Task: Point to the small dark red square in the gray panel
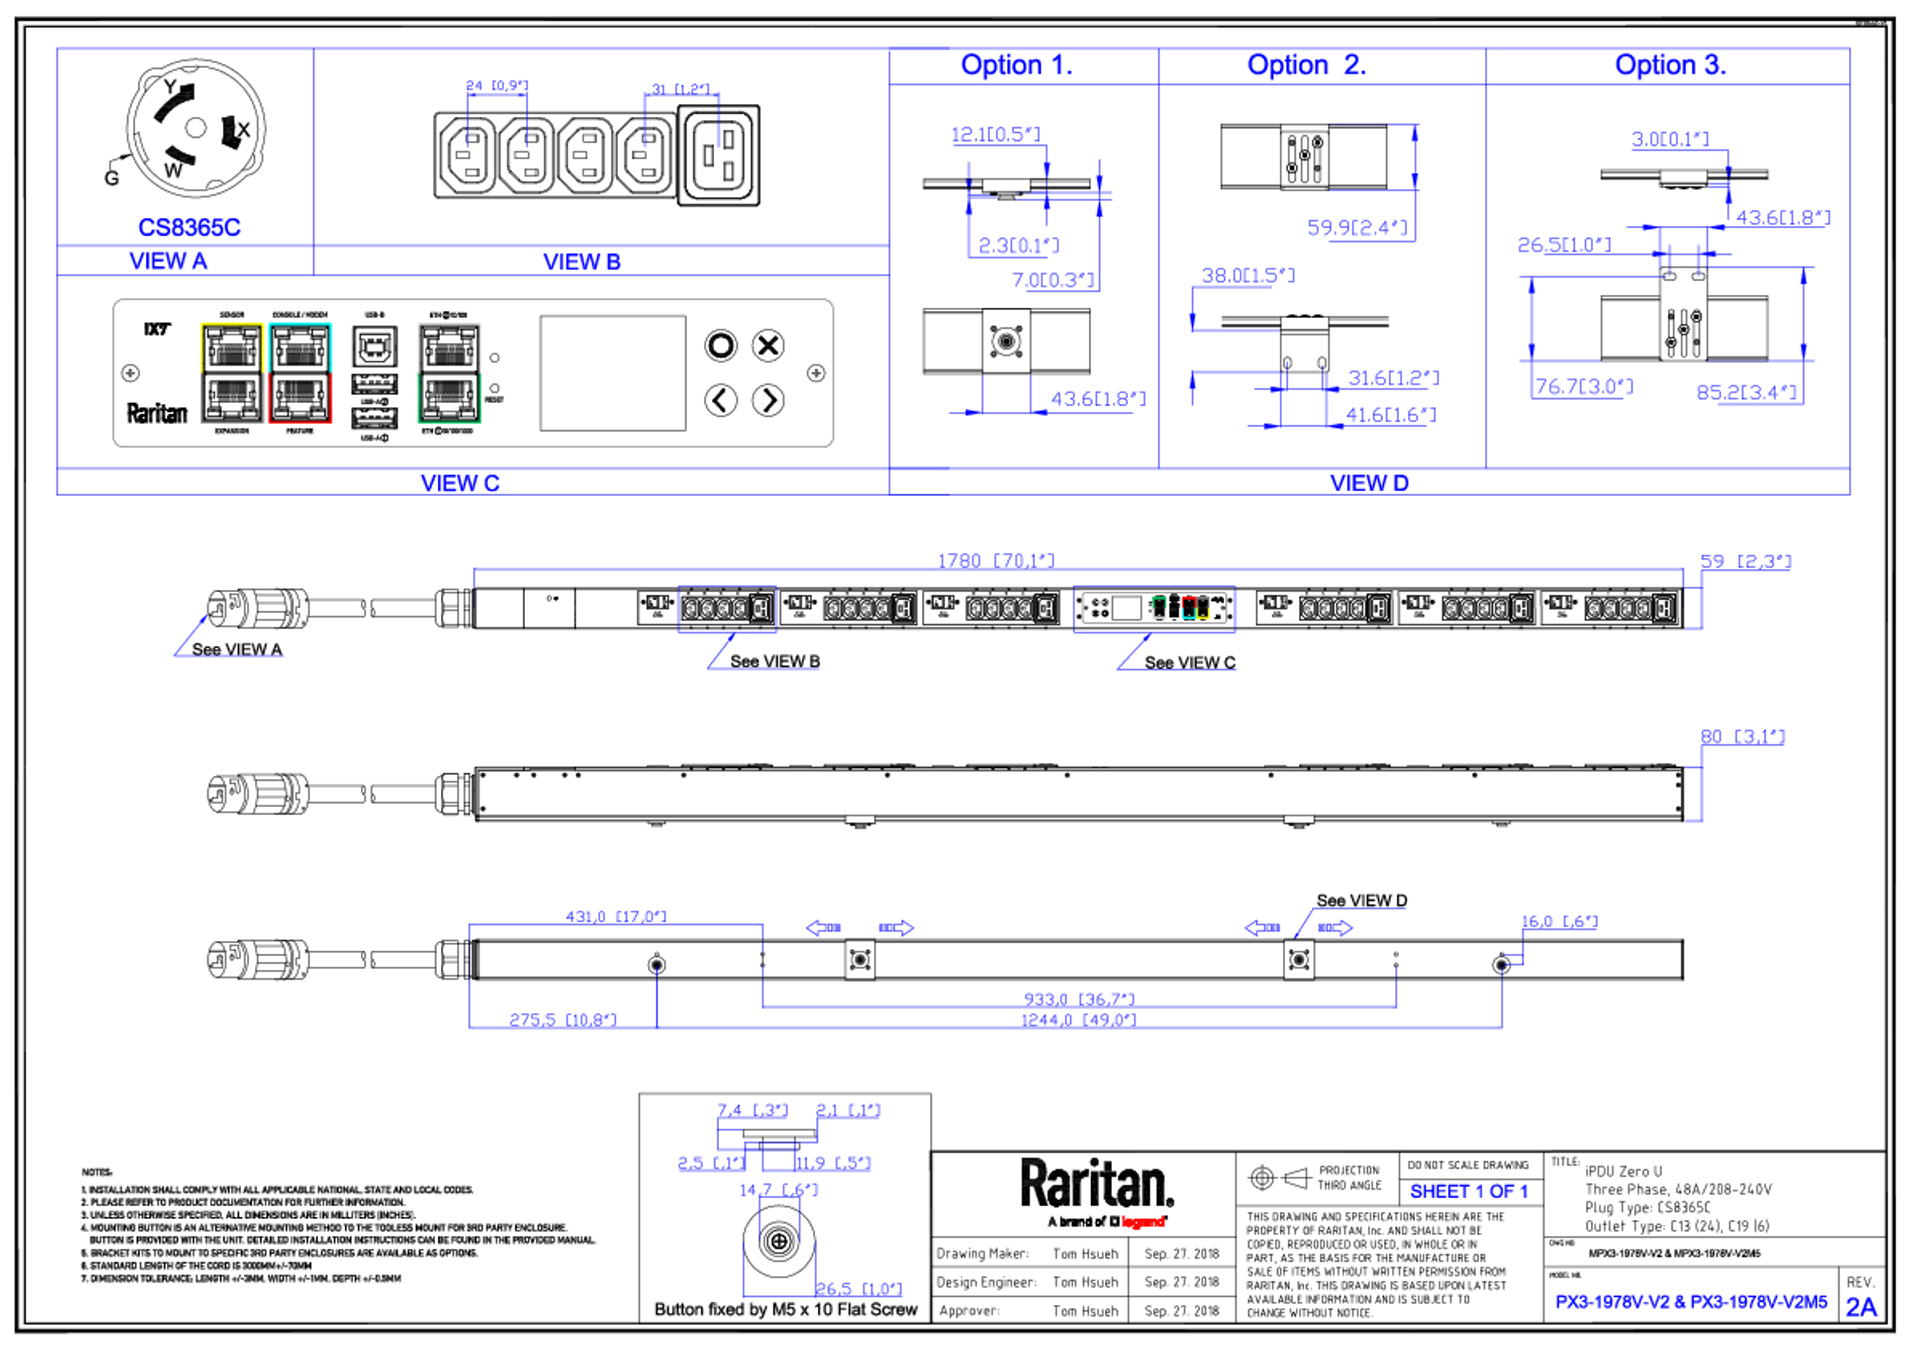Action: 276,436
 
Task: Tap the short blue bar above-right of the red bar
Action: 1475,1193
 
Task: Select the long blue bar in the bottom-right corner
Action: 1695,1307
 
